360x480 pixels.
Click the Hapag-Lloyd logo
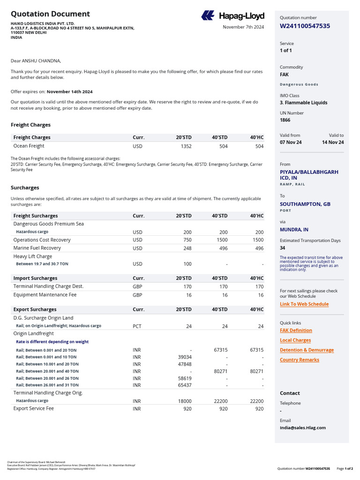coord(232,16)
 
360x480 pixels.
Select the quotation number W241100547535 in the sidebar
coord(305,26)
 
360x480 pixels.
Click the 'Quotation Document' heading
coord(50,14)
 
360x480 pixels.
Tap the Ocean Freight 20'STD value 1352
coord(186,146)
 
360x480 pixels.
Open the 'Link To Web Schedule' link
coord(304,304)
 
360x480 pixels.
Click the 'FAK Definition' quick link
coord(296,330)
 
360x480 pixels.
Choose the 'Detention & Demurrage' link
coord(307,350)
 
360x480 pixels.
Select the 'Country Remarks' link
coord(299,360)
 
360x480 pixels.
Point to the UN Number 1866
coord(285,120)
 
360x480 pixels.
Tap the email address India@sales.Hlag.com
coord(302,427)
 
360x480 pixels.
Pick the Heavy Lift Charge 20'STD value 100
coord(187,264)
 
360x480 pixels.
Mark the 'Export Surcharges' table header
coord(35,309)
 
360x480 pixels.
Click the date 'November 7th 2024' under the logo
coord(243,27)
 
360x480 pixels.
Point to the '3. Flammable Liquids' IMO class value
coord(303,103)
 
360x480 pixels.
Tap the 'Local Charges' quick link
coord(295,340)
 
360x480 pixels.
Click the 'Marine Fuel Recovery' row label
coord(37,248)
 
